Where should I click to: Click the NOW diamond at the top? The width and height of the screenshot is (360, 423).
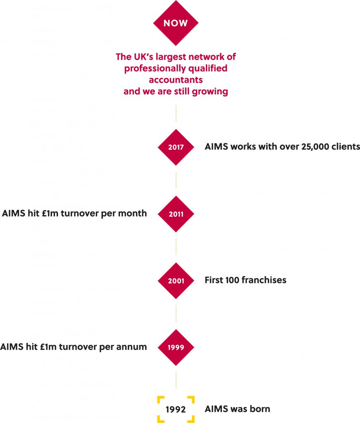(x=176, y=23)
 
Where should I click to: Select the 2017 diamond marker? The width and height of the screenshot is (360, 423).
(x=176, y=147)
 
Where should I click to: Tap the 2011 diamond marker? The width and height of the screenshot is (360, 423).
(x=176, y=214)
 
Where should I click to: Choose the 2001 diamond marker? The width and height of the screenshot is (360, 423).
(x=176, y=280)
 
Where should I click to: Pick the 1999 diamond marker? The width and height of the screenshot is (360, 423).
(x=176, y=347)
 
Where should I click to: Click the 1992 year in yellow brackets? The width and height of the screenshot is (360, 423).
(x=176, y=409)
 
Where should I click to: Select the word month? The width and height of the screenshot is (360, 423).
(x=133, y=213)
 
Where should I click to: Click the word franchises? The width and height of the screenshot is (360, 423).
(x=264, y=280)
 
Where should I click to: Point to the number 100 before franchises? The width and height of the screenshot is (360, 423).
(x=232, y=280)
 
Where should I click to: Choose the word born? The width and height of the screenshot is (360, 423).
(x=260, y=409)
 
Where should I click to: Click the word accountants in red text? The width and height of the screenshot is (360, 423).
(x=176, y=80)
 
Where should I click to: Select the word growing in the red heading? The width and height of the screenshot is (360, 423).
(x=210, y=91)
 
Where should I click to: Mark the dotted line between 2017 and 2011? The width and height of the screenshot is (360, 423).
(x=176, y=180)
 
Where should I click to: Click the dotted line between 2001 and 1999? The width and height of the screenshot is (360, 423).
(x=176, y=314)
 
